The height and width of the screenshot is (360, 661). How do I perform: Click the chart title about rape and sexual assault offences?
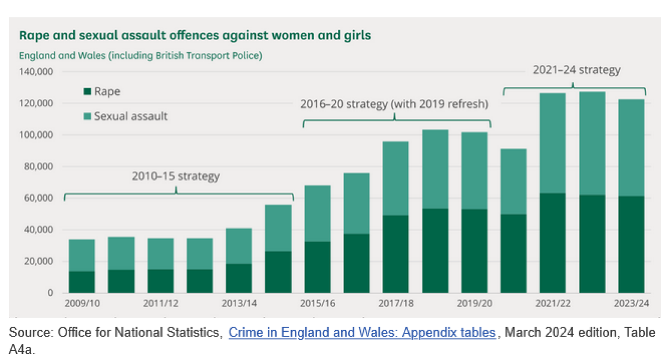tap(195, 35)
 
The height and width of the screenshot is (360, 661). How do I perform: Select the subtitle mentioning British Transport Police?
tap(140, 56)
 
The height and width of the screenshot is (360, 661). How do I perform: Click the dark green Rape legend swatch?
tap(87, 92)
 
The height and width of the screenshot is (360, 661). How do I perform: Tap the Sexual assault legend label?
tap(130, 116)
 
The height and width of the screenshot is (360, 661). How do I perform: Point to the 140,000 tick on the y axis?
tap(37, 72)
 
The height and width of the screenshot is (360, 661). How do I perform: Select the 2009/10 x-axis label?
tap(82, 304)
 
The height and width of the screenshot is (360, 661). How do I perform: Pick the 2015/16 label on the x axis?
tap(317, 304)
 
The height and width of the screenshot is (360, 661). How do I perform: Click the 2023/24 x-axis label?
tap(632, 304)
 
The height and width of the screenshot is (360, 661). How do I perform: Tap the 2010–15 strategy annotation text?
tap(176, 176)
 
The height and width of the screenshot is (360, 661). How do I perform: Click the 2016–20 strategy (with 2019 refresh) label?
tap(394, 104)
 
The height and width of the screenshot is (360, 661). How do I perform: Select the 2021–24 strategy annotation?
tap(576, 70)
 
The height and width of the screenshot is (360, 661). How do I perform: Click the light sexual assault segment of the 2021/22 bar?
tap(553, 143)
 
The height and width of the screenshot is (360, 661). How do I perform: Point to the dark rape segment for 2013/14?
tap(239, 278)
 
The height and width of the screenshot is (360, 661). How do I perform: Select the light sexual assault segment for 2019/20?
tap(474, 170)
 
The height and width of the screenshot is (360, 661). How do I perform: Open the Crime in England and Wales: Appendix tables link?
tap(362, 333)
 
